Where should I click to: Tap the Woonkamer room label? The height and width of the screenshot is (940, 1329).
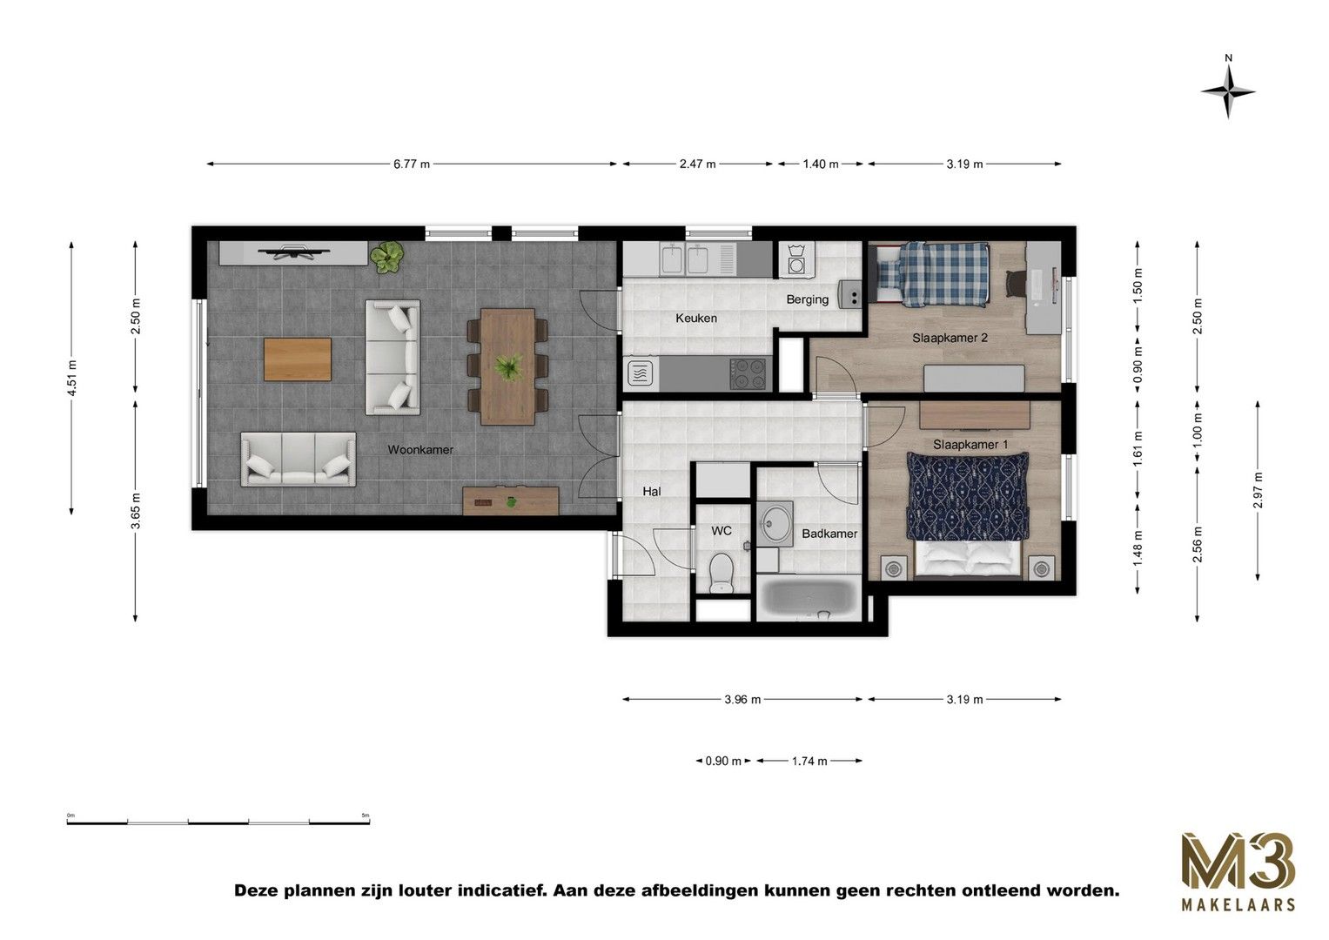point(420,450)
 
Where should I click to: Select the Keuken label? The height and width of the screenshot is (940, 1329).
point(696,319)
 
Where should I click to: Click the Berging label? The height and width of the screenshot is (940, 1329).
point(807,299)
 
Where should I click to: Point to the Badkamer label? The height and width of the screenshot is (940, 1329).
point(829,534)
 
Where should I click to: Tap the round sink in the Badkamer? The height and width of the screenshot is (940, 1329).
point(773,524)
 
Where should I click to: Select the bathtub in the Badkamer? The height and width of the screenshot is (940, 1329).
point(809,600)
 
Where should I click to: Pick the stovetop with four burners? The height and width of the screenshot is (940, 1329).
point(749,373)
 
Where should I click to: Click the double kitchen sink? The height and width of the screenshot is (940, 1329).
point(688,258)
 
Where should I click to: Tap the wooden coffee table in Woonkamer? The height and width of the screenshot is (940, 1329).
point(298,359)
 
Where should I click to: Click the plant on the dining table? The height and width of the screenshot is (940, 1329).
point(507,366)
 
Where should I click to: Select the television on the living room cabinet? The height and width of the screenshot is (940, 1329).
point(293,252)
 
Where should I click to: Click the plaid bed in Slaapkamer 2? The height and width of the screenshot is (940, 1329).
point(931,273)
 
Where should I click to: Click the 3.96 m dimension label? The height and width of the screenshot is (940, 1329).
point(742,699)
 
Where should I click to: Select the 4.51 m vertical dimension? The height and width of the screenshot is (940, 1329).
point(72,378)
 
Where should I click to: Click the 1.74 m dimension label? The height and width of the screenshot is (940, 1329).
point(809,761)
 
